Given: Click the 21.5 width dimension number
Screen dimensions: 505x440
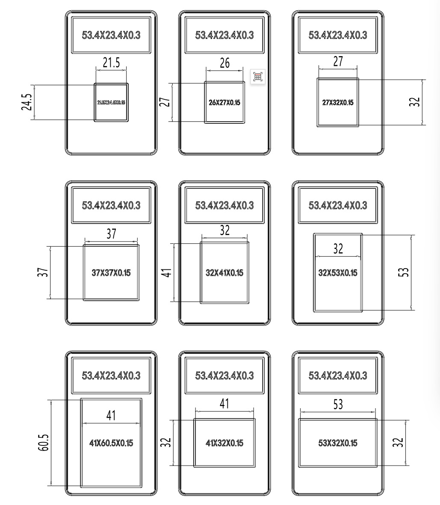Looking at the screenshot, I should point(111,63).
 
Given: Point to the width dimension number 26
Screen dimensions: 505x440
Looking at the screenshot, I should point(224,63).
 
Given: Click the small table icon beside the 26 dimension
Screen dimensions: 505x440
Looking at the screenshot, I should point(257,77).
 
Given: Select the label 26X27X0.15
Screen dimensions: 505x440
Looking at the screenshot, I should point(224,103).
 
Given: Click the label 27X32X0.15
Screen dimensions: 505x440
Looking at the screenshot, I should point(338,103).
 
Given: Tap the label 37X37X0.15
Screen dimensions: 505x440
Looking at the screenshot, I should point(111,273).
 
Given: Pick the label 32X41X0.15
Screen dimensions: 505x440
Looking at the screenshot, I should point(224,273).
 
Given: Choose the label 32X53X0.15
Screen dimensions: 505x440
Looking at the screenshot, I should point(338,273).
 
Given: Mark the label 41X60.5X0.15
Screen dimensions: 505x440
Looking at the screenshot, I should point(111,443).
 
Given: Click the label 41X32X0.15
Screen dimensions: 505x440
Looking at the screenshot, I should point(224,443).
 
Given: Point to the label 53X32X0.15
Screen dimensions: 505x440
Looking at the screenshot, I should point(338,443).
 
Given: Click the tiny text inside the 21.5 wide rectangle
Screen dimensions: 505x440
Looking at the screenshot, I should point(111,102).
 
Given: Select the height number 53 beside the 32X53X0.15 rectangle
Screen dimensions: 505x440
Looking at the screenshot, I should point(405,272).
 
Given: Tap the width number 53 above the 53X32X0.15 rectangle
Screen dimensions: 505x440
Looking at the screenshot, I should point(338,404).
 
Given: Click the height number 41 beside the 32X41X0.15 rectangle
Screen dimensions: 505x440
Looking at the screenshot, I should point(168,272).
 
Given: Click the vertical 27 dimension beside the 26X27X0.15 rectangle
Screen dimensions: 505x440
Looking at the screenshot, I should point(167,102).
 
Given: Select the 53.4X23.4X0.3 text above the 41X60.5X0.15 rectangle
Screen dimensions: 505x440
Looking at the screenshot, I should point(111,376).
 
